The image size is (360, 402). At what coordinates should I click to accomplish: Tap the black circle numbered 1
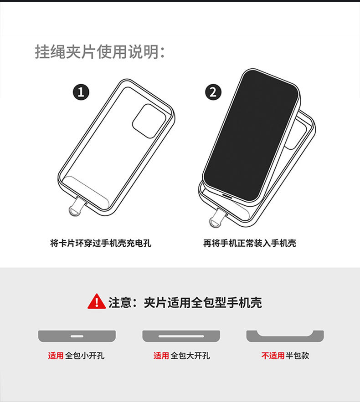(81, 92)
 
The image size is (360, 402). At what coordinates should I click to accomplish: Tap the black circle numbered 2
(213, 92)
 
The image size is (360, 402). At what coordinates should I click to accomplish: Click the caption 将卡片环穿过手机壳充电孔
(100, 243)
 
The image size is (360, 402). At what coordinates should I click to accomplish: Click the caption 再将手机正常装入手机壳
(250, 243)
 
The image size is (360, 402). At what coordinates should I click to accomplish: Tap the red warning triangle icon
(97, 302)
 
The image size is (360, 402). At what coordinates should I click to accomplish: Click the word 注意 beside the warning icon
(120, 302)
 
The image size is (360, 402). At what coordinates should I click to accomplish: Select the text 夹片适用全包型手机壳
(203, 302)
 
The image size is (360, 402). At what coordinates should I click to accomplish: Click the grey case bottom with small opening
(77, 336)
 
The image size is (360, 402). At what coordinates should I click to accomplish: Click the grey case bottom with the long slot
(181, 336)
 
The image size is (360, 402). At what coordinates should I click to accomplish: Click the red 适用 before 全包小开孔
(56, 356)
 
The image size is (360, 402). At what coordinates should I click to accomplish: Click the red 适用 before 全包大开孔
(161, 356)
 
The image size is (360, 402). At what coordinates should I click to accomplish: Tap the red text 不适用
(273, 356)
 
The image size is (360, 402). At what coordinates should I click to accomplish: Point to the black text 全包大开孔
(190, 356)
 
